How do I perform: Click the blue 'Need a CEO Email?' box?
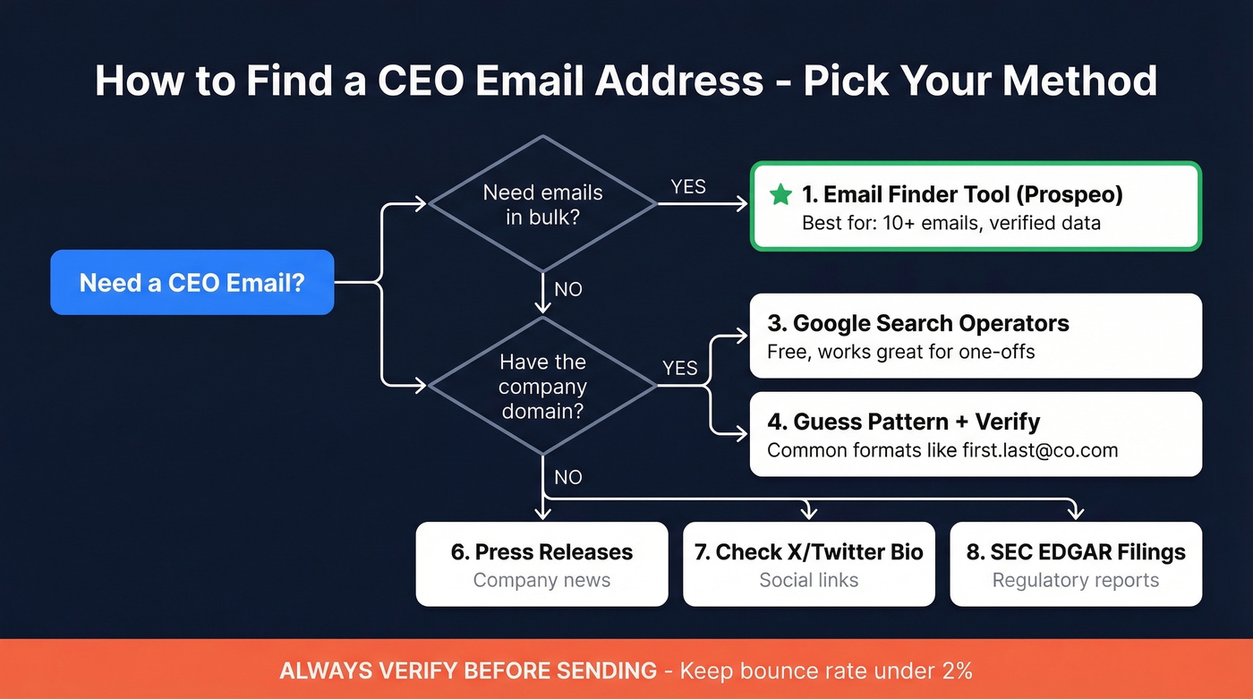[x=192, y=283]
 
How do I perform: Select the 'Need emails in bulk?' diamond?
[x=542, y=204]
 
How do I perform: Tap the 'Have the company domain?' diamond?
[x=542, y=387]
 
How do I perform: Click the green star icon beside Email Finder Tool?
[x=780, y=194]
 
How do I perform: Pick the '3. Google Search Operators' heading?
[x=918, y=323]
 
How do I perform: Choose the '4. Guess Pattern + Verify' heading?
[x=904, y=422]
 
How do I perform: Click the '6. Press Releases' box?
[x=541, y=565]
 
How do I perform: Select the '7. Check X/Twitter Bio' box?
[x=808, y=565]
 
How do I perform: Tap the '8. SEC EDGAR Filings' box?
[x=1076, y=565]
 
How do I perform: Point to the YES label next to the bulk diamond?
[x=688, y=187]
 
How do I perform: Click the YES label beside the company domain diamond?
[x=680, y=368]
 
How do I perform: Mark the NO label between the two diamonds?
[x=568, y=289]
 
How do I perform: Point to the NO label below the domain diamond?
[x=568, y=477]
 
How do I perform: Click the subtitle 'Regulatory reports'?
[x=1076, y=580]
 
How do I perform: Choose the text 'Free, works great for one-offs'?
[x=901, y=352]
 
